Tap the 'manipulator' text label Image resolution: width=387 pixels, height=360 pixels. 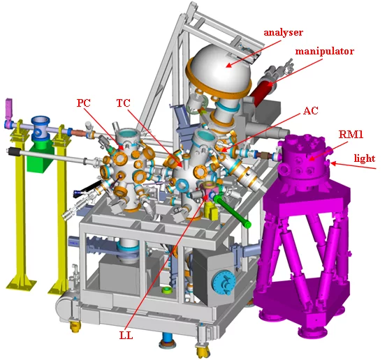coord(324,52)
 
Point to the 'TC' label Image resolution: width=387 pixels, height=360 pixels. coord(124,102)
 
